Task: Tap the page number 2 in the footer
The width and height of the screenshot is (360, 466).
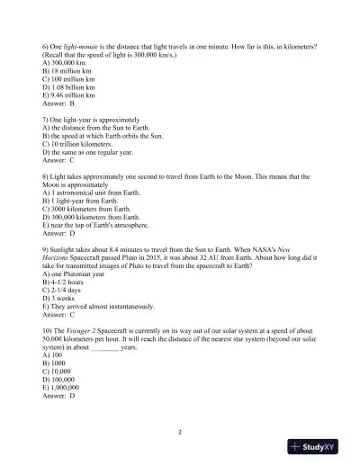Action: (179, 433)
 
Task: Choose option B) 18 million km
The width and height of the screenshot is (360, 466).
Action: (70, 70)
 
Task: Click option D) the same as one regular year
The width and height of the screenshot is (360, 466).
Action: (88, 151)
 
